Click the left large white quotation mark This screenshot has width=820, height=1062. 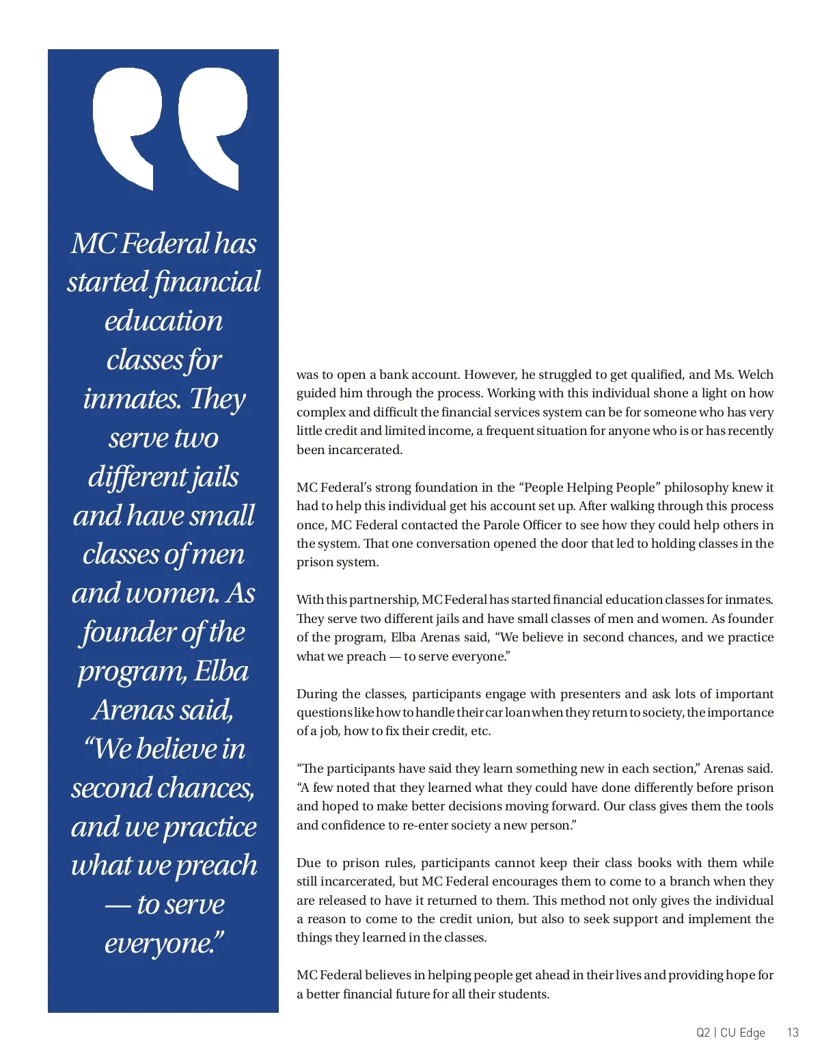click(127, 123)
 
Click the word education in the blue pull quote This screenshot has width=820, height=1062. click(163, 321)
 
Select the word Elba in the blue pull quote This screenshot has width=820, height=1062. click(221, 671)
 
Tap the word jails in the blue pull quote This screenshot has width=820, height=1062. click(215, 477)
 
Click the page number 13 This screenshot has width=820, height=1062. click(793, 1033)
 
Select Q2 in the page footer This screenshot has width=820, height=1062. click(703, 1033)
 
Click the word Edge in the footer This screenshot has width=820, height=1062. click(752, 1033)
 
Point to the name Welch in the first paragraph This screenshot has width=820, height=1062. click(755, 375)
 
